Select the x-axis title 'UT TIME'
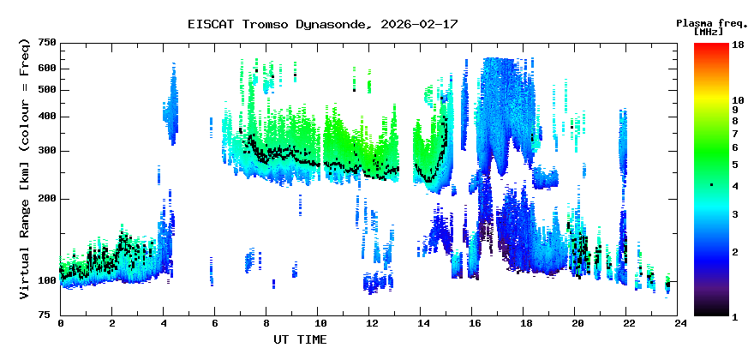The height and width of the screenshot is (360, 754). (299, 339)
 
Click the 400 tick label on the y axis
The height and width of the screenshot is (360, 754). (46, 117)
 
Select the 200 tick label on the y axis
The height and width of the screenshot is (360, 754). (46, 199)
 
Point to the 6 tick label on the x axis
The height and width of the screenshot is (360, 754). (215, 323)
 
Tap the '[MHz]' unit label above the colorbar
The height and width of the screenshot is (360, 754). (709, 31)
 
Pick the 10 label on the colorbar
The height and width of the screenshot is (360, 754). (738, 99)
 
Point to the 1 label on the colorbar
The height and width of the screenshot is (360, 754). (735, 316)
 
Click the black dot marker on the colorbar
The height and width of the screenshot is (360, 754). (711, 185)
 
